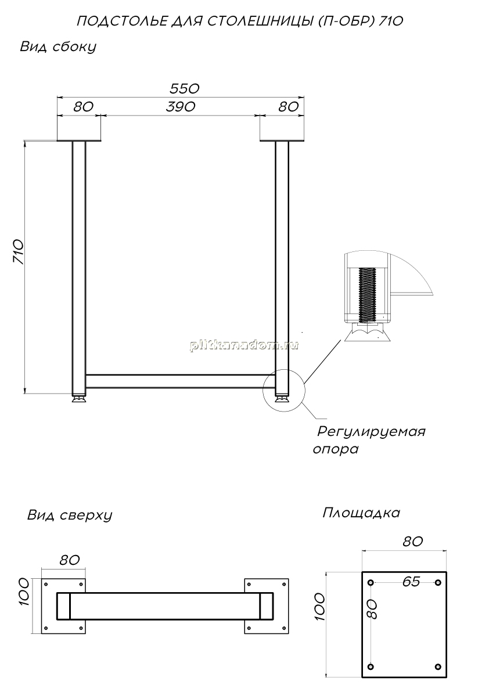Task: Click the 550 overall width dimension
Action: click(x=185, y=89)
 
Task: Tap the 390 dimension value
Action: click(x=181, y=107)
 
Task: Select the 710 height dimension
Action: click(x=18, y=252)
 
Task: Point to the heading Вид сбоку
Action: click(x=58, y=47)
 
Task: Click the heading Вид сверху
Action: click(x=70, y=515)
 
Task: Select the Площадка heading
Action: click(x=361, y=513)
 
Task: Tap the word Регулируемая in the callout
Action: click(x=372, y=431)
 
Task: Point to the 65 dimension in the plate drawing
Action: click(x=411, y=582)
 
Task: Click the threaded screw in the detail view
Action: click(x=367, y=294)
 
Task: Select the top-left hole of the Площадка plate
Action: click(x=371, y=582)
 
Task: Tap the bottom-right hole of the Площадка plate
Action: click(x=438, y=666)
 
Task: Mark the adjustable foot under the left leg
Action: click(x=80, y=399)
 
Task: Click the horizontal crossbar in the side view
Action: click(x=181, y=381)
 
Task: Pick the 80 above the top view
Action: click(x=69, y=560)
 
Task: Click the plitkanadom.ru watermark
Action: click(x=244, y=345)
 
